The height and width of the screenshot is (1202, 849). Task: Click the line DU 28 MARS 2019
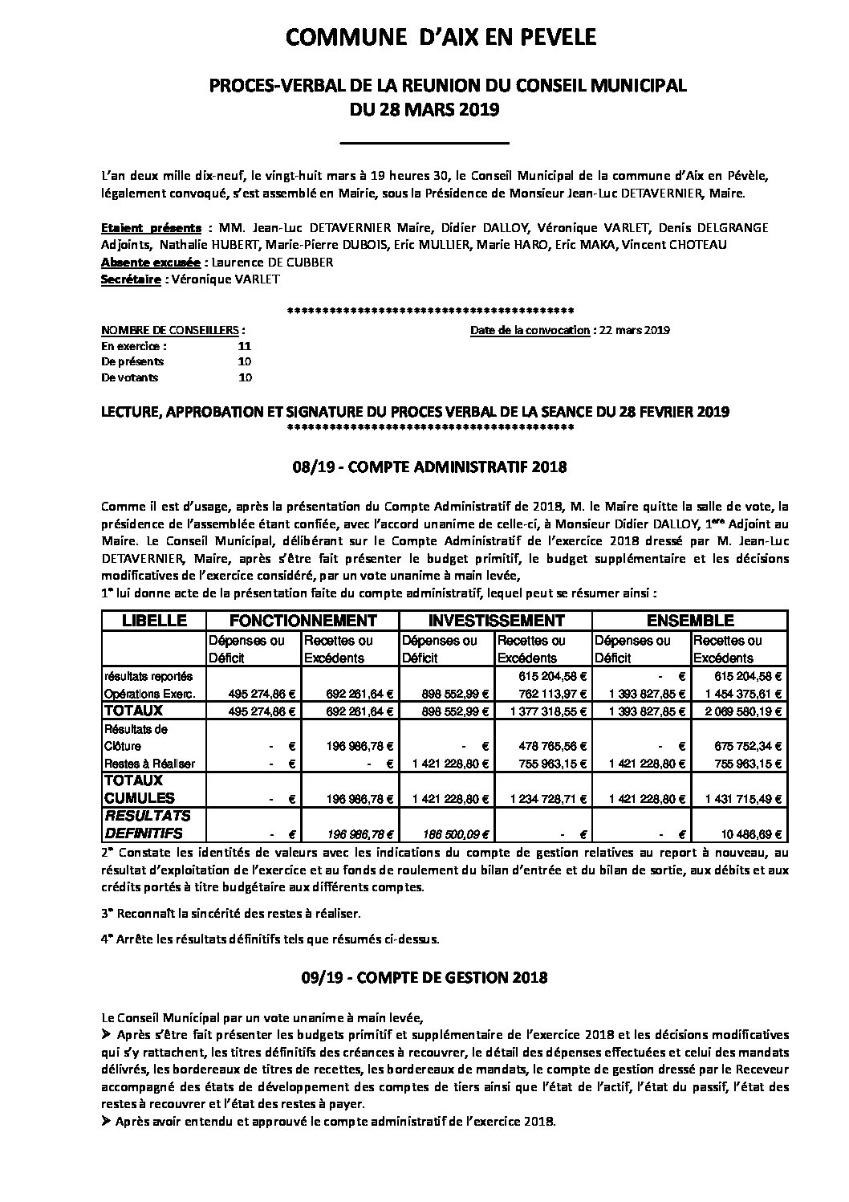coord(424,110)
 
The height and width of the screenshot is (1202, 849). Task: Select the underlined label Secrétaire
coord(131,279)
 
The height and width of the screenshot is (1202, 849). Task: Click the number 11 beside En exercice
coord(245,346)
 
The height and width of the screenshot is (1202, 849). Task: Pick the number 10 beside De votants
coord(245,377)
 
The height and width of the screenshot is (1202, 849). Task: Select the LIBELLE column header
coord(153,621)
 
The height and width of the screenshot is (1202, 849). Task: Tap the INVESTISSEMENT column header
coord(496,621)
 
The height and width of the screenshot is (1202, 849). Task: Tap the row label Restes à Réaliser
coord(149,764)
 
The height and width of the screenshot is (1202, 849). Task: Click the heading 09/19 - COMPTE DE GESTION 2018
coord(424,977)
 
